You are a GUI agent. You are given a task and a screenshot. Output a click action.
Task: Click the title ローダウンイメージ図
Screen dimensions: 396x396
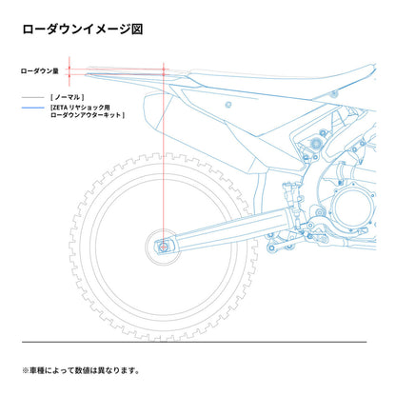pos(83,30)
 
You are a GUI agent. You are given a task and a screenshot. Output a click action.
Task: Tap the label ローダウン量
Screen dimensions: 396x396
pos(40,71)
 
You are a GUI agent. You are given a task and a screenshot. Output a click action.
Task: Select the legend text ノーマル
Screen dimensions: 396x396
pos(68,97)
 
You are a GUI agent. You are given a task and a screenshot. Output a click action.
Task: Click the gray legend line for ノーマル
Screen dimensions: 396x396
pos(33,97)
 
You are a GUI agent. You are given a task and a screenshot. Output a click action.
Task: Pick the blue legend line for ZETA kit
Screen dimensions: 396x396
pos(33,108)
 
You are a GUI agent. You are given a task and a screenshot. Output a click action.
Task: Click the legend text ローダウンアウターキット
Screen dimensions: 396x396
pos(86,115)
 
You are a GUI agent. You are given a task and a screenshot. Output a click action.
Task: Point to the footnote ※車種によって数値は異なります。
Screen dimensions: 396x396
pos(81,370)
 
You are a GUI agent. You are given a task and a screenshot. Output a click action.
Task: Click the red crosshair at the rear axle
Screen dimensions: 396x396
pos(164,247)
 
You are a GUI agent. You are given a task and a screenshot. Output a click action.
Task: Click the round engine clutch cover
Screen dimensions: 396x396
pos(352,208)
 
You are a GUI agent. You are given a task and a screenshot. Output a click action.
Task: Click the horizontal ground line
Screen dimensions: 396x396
pos(194,342)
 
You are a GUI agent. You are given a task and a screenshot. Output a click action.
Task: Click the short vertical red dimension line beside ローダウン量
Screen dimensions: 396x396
pos(69,71)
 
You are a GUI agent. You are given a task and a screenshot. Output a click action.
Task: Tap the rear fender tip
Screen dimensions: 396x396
pos(87,74)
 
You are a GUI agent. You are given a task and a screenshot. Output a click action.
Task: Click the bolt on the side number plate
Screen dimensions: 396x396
pos(228,104)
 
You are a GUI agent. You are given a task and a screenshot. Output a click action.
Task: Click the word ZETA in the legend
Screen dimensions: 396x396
pos(59,108)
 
